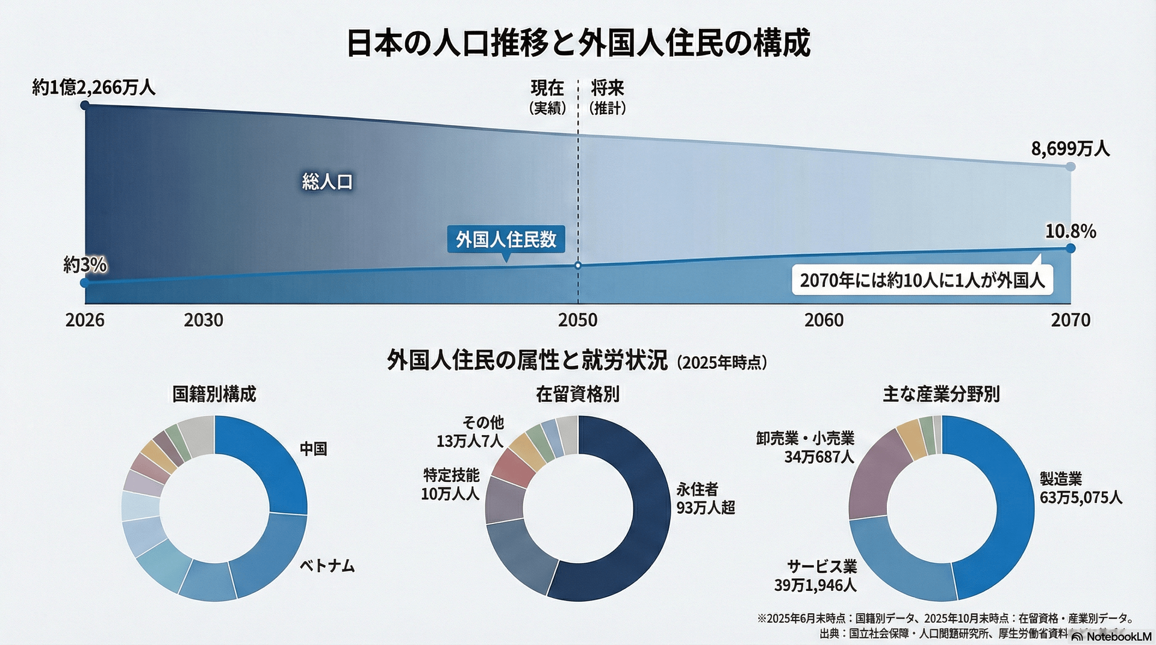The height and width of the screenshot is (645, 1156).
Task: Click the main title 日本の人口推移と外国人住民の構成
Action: coord(578,43)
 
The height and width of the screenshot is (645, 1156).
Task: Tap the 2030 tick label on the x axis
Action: coord(204,320)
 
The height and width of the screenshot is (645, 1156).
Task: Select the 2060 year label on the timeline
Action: coord(824,320)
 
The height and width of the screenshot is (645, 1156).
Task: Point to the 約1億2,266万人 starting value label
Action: coord(94,88)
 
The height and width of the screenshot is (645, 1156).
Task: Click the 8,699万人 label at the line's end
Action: coord(1070,148)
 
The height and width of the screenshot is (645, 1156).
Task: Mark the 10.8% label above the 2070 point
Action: coord(1071,232)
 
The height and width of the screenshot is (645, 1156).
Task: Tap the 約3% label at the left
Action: coord(85,265)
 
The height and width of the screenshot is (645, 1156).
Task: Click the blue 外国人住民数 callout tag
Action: coord(506,239)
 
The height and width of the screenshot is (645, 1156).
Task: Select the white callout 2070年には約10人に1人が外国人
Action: coord(922,280)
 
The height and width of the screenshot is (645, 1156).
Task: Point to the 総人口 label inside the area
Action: coord(328,182)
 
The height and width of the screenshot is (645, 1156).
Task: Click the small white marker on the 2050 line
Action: coord(578,265)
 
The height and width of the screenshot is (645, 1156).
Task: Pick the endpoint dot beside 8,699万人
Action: coord(1070,166)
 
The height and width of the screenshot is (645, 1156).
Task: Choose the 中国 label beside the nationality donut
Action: coord(314,449)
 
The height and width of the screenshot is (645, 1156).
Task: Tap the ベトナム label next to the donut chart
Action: coord(328,566)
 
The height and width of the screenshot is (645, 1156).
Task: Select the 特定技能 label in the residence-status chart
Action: coord(452,475)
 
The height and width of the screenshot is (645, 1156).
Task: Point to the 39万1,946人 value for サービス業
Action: coord(815,585)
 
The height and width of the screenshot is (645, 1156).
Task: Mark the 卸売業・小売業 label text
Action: coord(805,439)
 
